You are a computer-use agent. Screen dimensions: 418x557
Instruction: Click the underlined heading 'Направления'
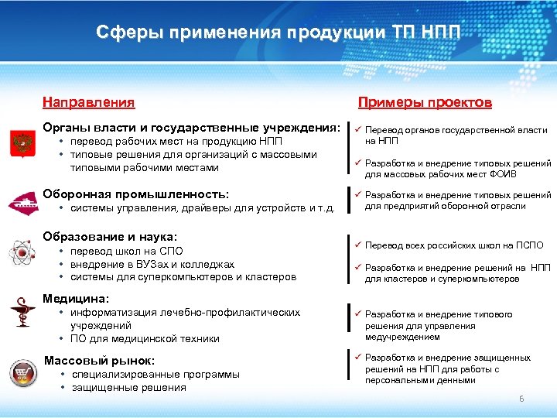[88, 102]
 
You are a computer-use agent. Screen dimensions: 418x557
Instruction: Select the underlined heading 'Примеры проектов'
[425, 102]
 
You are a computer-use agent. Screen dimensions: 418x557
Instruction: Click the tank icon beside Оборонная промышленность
[21, 201]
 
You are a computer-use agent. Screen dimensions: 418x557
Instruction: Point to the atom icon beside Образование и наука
[21, 252]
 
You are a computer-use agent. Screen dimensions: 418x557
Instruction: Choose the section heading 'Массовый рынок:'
[99, 360]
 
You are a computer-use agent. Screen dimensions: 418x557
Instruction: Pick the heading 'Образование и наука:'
[110, 236]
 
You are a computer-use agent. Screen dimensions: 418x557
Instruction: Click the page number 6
[521, 399]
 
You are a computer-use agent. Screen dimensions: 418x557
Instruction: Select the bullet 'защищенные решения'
[128, 387]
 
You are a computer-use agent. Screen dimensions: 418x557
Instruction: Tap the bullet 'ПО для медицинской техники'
[145, 338]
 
